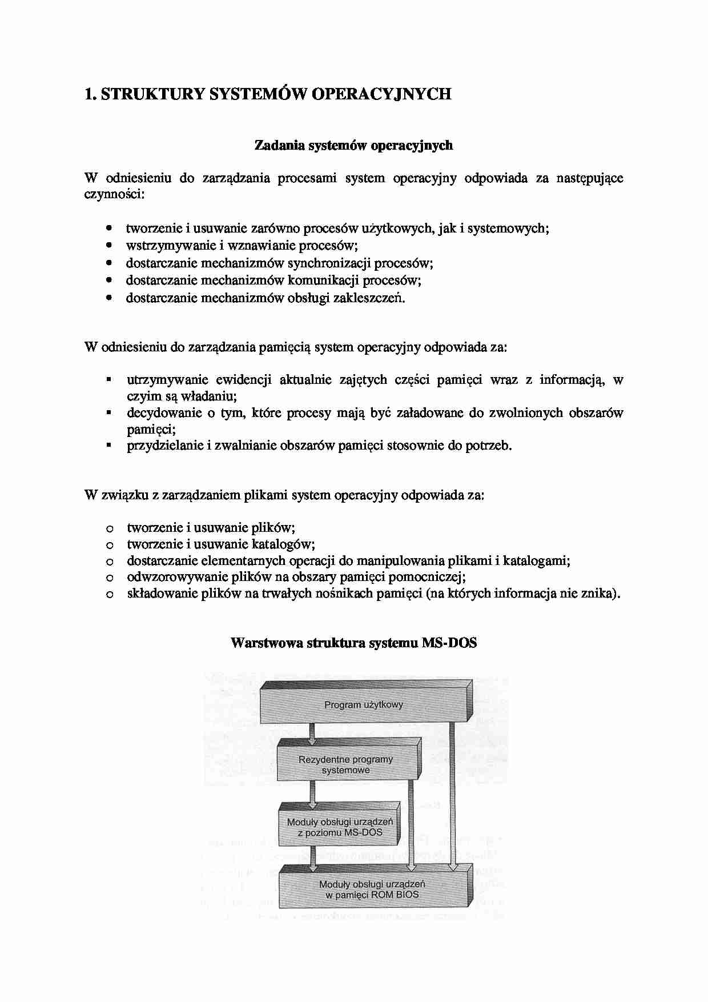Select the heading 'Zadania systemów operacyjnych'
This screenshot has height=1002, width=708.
(x=353, y=145)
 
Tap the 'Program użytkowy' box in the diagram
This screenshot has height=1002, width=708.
(x=364, y=705)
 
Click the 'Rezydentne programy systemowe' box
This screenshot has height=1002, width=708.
(x=345, y=765)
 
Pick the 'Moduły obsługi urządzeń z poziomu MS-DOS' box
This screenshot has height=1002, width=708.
(x=340, y=827)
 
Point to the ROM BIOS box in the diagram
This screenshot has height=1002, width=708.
(x=372, y=889)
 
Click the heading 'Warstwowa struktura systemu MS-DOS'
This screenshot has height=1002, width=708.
(x=353, y=643)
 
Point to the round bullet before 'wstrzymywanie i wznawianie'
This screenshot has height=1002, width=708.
(x=109, y=246)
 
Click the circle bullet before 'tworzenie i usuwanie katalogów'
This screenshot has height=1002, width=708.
(x=109, y=546)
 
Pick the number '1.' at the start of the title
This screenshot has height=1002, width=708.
(x=90, y=94)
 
